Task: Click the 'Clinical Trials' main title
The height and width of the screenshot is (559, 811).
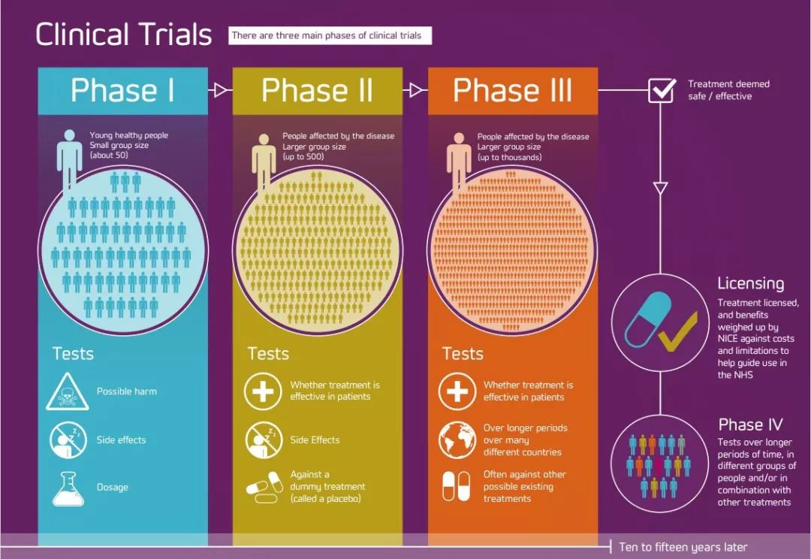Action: pyautogui.click(x=124, y=35)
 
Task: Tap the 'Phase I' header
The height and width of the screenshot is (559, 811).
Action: pyautogui.click(x=122, y=90)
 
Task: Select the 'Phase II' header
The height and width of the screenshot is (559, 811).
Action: pyautogui.click(x=317, y=90)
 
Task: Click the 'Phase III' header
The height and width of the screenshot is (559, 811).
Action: pyautogui.click(x=513, y=90)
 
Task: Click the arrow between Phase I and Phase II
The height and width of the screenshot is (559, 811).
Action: pyautogui.click(x=220, y=90)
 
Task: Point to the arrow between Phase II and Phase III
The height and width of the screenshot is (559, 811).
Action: pyautogui.click(x=415, y=90)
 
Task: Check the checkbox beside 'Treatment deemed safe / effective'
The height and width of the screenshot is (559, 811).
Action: pyautogui.click(x=662, y=90)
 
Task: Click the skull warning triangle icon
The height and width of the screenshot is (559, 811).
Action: pyautogui.click(x=68, y=391)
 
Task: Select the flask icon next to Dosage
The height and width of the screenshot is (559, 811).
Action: pyautogui.click(x=68, y=488)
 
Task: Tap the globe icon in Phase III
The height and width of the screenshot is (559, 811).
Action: pyautogui.click(x=457, y=440)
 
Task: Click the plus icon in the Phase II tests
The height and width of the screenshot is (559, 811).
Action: pyautogui.click(x=263, y=391)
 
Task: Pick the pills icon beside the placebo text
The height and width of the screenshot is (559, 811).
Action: pyautogui.click(x=264, y=487)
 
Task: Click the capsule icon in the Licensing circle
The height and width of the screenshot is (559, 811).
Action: pyautogui.click(x=648, y=319)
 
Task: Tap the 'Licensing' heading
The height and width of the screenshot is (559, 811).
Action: pyautogui.click(x=750, y=284)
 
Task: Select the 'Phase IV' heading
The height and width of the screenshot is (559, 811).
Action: pyautogui.click(x=750, y=425)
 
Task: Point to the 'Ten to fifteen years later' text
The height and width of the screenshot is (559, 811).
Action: pyautogui.click(x=683, y=547)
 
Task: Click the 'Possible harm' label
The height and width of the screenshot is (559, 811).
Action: pyautogui.click(x=127, y=391)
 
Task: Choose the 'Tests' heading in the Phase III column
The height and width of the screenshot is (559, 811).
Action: pyautogui.click(x=463, y=354)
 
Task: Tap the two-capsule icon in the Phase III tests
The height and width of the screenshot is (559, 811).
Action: pyautogui.click(x=457, y=487)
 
